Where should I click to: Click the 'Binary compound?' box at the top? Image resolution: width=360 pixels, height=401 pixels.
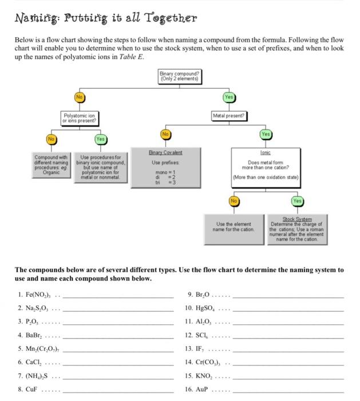(180, 76)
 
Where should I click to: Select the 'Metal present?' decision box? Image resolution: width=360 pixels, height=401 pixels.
(229, 115)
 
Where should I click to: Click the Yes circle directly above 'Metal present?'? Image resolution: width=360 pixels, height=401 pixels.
(229, 97)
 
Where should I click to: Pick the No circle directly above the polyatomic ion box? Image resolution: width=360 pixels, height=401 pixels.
(80, 97)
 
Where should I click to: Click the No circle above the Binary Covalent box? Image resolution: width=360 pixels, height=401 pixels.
(166, 134)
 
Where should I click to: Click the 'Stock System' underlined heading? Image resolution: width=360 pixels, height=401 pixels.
(297, 218)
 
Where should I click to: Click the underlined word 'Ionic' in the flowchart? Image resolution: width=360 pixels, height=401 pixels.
(265, 153)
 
